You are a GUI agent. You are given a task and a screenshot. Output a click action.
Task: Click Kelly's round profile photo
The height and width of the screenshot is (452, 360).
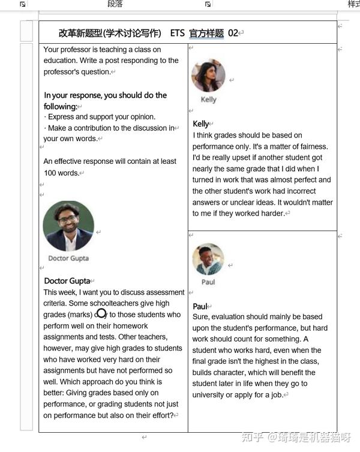click(x=208, y=76)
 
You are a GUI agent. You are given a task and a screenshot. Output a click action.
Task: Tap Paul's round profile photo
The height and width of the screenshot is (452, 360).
click(x=208, y=259)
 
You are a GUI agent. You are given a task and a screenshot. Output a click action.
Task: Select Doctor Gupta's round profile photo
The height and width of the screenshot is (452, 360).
click(x=68, y=226)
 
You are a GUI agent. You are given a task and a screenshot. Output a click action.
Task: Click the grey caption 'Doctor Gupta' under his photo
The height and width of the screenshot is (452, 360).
click(x=68, y=258)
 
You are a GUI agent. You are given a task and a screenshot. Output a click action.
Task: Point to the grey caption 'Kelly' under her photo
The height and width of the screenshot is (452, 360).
click(x=208, y=100)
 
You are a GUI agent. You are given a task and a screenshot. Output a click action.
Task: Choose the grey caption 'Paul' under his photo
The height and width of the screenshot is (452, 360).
click(x=208, y=282)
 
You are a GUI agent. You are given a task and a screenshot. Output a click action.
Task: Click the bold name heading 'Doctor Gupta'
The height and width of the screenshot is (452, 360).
click(x=67, y=281)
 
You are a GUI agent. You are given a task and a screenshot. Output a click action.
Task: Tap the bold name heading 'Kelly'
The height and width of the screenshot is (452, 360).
click(x=200, y=124)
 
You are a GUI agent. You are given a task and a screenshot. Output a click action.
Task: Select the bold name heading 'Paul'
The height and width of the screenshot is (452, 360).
click(x=199, y=307)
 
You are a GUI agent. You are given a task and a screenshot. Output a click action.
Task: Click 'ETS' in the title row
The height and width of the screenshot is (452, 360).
click(x=177, y=34)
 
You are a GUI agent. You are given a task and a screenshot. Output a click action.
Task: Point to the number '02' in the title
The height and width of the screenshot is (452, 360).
click(x=233, y=34)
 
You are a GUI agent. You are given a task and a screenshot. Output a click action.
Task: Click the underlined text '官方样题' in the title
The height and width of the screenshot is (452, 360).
click(x=206, y=34)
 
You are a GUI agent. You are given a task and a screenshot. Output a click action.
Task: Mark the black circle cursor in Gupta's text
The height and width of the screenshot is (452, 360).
click(x=101, y=313)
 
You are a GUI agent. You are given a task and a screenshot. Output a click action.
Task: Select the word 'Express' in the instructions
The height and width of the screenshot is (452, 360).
click(x=60, y=117)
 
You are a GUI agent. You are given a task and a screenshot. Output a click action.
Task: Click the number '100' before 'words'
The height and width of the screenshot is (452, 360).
click(x=51, y=173)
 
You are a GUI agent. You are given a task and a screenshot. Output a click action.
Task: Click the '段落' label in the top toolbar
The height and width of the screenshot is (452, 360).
click(x=115, y=4)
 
